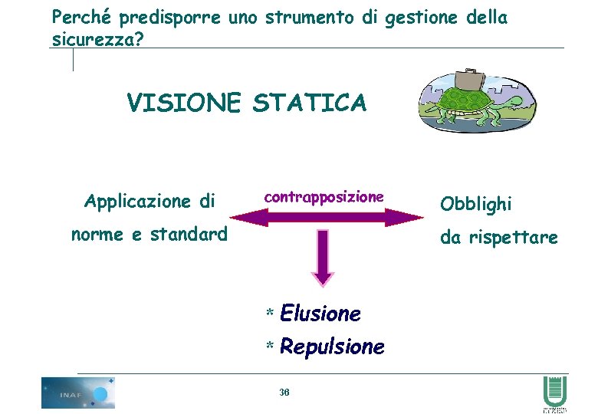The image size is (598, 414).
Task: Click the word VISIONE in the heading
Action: click(x=184, y=102)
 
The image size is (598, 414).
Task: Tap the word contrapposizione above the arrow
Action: click(x=324, y=197)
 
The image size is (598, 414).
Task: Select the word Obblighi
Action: click(x=475, y=204)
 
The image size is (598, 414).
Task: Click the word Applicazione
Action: click(x=137, y=202)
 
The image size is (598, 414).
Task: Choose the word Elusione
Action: click(x=320, y=314)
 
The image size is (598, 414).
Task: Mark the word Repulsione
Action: click(x=332, y=347)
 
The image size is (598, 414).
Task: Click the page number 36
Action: click(x=284, y=393)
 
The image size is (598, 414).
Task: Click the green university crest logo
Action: click(x=554, y=393)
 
